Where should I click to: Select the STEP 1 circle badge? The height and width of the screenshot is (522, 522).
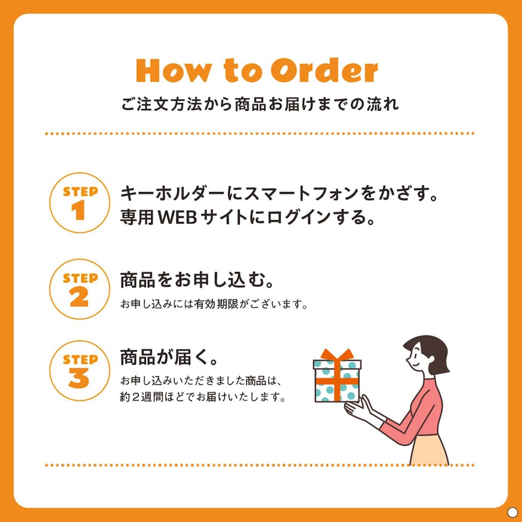79,203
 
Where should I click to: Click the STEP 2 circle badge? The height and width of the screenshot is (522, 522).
79,289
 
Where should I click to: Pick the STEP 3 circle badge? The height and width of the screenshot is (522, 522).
79,371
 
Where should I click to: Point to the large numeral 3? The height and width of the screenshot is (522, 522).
79,378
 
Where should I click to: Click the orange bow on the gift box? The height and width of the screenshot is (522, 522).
337,354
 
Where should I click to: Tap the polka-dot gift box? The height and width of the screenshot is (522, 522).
337,380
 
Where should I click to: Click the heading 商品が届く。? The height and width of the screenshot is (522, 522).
169,358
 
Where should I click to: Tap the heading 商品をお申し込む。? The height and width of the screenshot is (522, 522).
197,280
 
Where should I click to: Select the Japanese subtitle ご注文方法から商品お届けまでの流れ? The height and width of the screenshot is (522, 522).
260,104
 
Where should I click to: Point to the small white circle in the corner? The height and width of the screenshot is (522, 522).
512,512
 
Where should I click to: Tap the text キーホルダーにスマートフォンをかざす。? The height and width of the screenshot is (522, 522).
279,194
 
